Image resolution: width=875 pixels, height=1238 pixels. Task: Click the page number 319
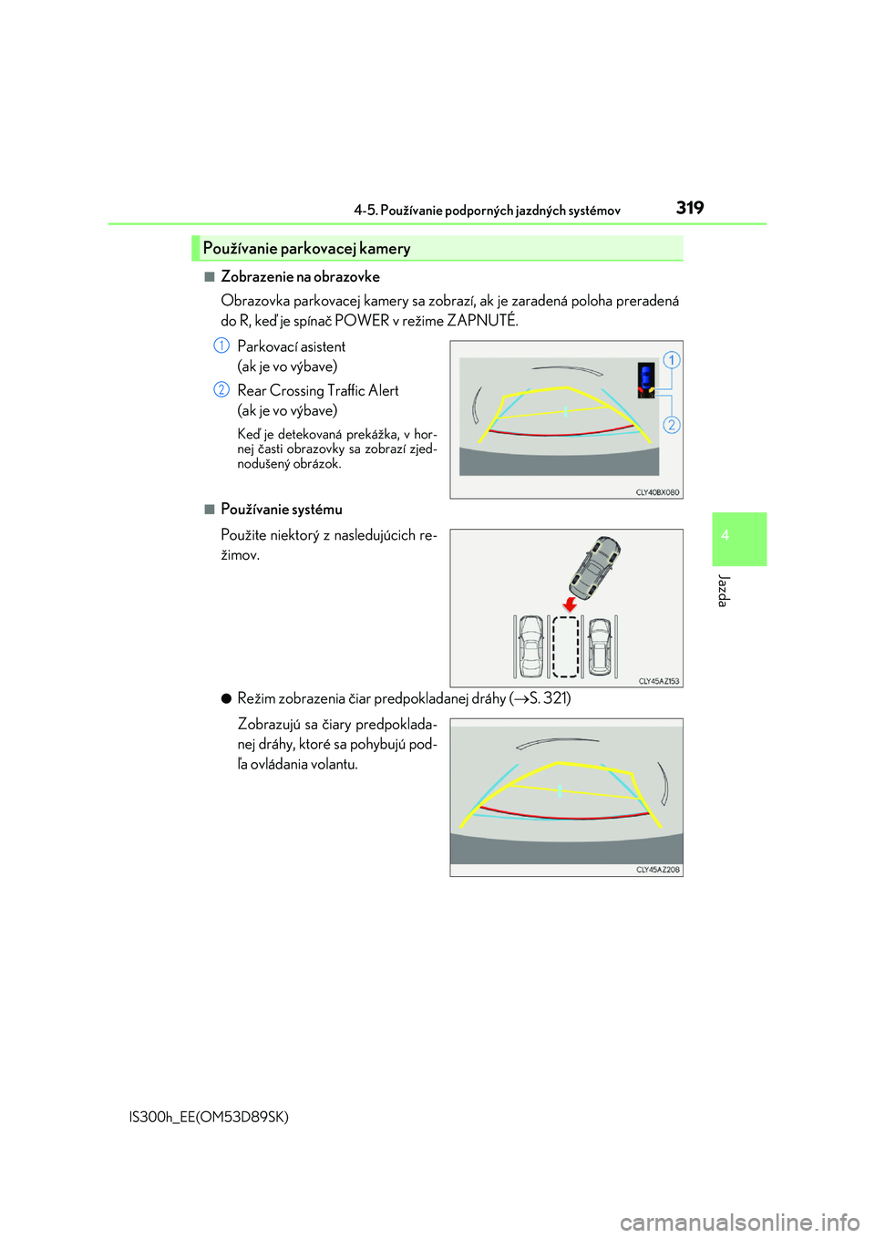pyautogui.click(x=690, y=208)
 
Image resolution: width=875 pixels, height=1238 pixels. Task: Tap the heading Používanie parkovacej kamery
pyautogui.click(x=306, y=248)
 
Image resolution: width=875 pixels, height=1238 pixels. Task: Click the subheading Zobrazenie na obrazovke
pyautogui.click(x=300, y=276)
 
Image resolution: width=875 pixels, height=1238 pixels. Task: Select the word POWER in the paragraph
pyautogui.click(x=362, y=320)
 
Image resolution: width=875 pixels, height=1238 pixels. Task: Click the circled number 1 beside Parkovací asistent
pyautogui.click(x=221, y=346)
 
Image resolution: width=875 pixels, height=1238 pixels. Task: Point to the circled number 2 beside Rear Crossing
pyautogui.click(x=221, y=389)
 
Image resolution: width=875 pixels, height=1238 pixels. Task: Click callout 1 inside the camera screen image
pyautogui.click(x=671, y=360)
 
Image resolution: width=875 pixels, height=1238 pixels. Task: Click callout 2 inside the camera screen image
pyautogui.click(x=671, y=425)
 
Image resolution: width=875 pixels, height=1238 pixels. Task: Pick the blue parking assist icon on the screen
pyautogui.click(x=646, y=377)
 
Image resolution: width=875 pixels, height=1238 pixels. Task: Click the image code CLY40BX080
pyautogui.click(x=657, y=492)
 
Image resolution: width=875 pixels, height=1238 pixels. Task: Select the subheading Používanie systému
pyautogui.click(x=282, y=509)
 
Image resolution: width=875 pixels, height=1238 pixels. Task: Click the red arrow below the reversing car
pyautogui.click(x=570, y=604)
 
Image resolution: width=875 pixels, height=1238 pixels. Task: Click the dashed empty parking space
pyautogui.click(x=566, y=646)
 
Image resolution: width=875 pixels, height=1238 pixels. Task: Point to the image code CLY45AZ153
pyautogui.click(x=658, y=681)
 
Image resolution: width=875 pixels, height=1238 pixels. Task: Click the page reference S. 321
pyautogui.click(x=550, y=698)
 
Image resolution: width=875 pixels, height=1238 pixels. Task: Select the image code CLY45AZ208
pyautogui.click(x=657, y=870)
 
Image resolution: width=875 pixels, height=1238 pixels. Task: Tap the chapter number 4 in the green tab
pyautogui.click(x=725, y=536)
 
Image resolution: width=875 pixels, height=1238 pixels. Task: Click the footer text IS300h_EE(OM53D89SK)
pyautogui.click(x=209, y=1117)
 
